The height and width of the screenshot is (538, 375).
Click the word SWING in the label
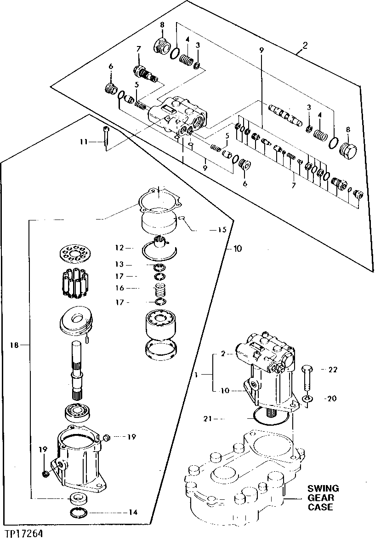pos(323,488)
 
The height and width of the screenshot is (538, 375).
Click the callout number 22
pos(333,370)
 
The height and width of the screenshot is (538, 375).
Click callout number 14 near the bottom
pos(133,512)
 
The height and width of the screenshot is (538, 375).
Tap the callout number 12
pos(120,248)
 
